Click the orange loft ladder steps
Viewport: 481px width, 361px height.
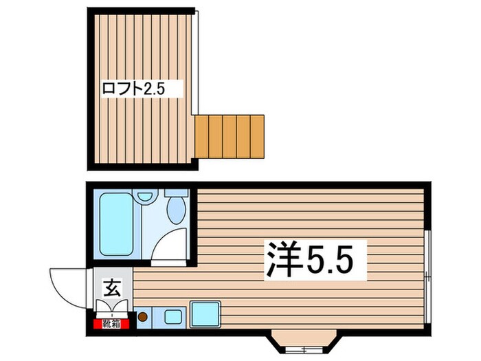pyautogui.click(x=230, y=134)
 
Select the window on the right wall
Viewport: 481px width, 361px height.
pyautogui.click(x=427, y=275)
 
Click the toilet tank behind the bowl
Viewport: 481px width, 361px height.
pyautogui.click(x=177, y=193)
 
